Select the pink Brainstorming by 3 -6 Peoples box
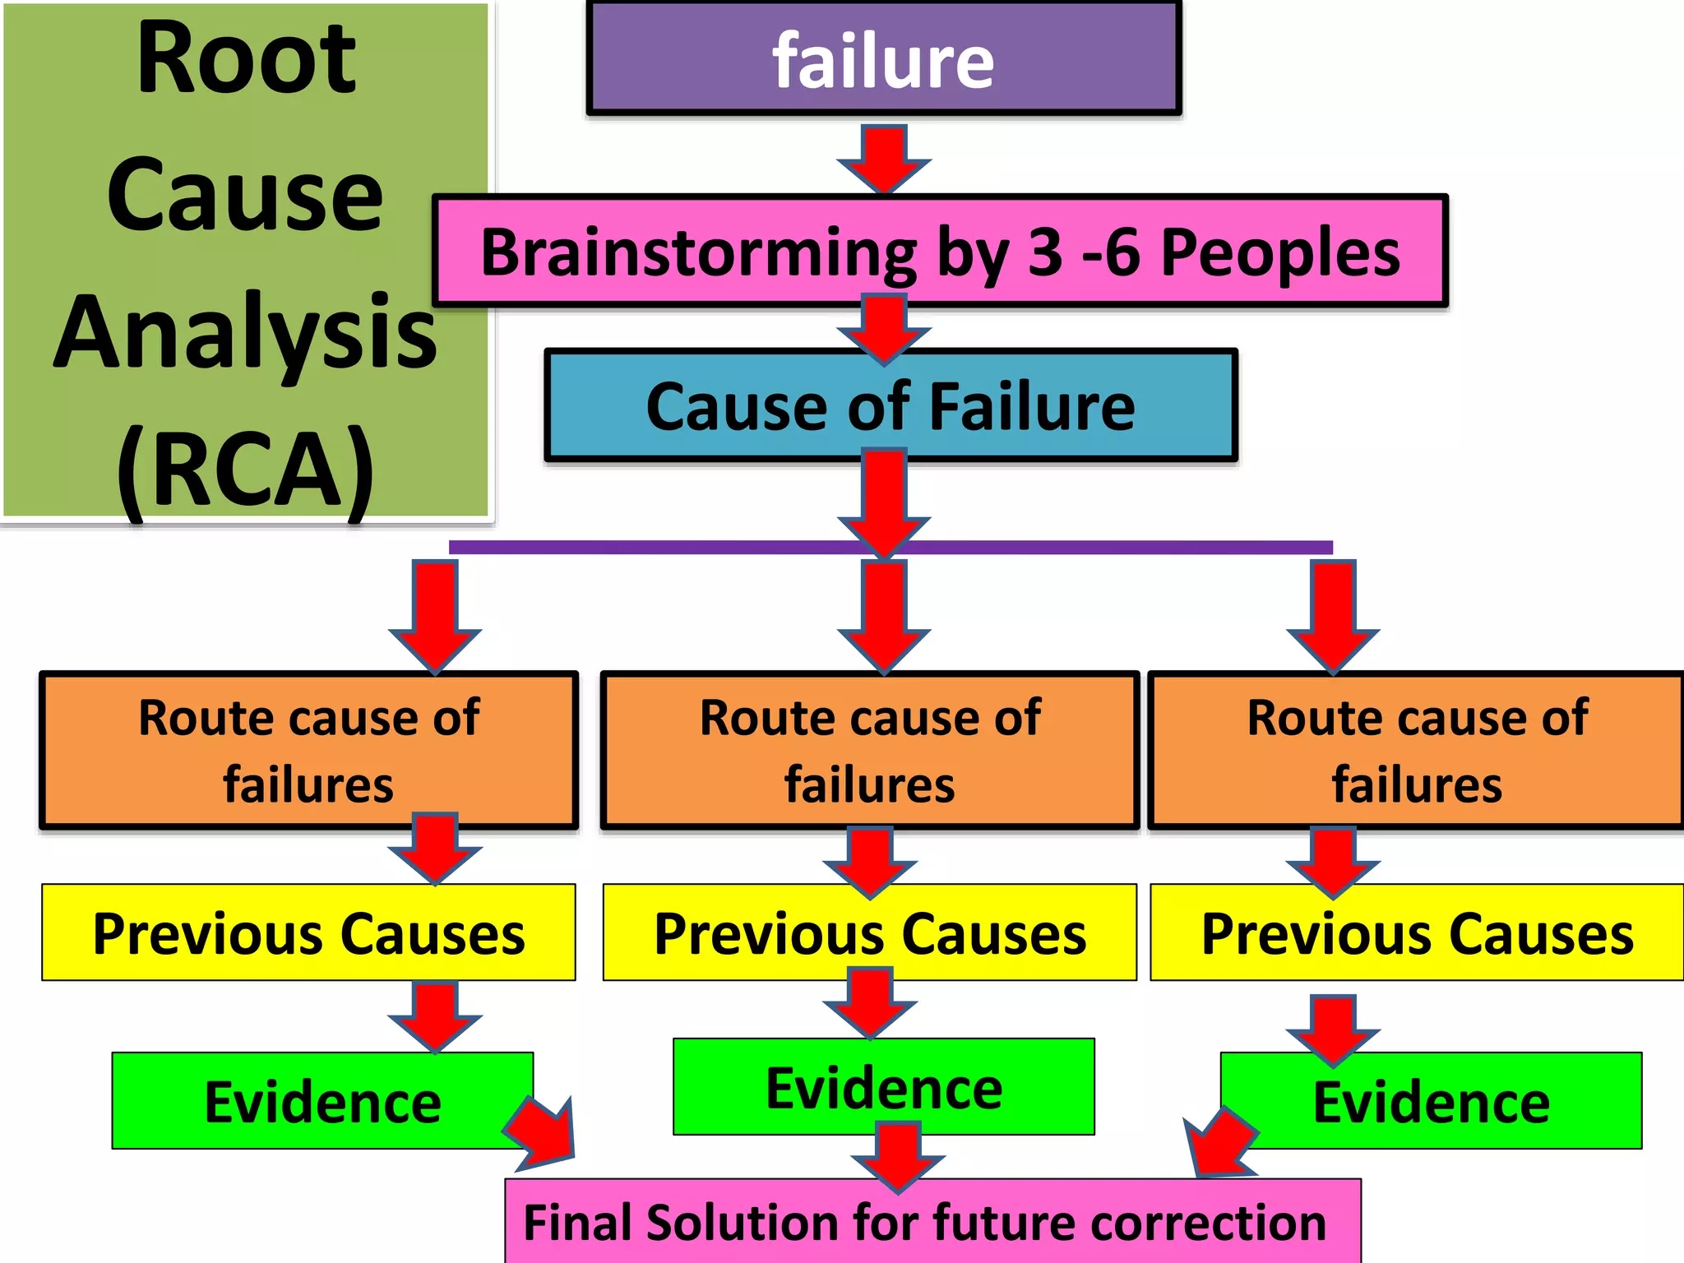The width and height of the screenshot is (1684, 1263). point(940,251)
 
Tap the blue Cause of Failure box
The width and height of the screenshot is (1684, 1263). point(891,405)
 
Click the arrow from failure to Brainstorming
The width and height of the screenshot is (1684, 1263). point(884,158)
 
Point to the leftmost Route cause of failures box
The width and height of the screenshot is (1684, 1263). point(308,750)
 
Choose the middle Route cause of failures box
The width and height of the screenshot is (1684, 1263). point(870,750)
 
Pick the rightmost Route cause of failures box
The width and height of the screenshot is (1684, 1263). point(1416,750)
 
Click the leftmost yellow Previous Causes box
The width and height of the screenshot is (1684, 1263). point(308,932)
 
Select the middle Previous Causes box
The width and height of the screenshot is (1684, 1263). point(870,932)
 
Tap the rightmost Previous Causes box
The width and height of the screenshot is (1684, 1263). point(1416,932)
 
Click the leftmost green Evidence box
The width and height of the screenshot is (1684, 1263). point(322,1101)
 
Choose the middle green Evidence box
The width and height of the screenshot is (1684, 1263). point(884,1087)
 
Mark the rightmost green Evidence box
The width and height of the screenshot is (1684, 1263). point(1431,1101)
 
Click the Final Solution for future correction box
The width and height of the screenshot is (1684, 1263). point(932,1222)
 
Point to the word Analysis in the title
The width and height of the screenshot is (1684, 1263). point(245,331)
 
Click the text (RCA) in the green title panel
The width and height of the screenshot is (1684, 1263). point(245,469)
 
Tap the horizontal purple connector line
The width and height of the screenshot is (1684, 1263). point(658,548)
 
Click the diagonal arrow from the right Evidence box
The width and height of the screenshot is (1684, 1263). point(1220,1143)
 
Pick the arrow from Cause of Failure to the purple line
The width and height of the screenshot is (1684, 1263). point(884,502)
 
